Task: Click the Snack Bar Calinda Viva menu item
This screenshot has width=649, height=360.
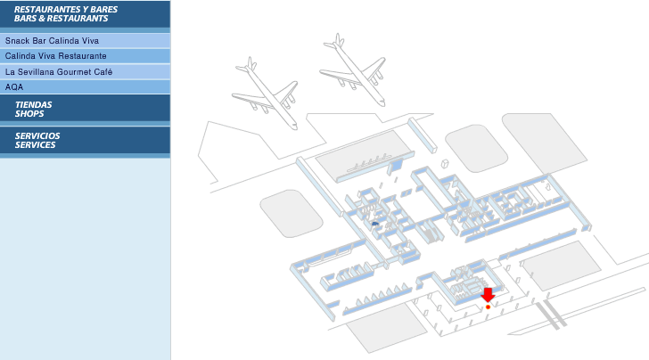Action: [x=85, y=41]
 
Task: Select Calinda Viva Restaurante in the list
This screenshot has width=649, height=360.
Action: [x=85, y=56]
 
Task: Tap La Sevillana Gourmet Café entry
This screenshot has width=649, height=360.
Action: [x=85, y=71]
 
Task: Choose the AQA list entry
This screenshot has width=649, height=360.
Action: [x=85, y=87]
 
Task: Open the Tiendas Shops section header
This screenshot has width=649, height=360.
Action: [x=85, y=109]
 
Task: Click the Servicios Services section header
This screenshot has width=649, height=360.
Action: [x=85, y=140]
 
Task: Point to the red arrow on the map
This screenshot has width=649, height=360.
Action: [x=488, y=295]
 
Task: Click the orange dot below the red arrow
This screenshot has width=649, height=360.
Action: [x=488, y=307]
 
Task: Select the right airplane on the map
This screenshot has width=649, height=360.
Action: [x=354, y=70]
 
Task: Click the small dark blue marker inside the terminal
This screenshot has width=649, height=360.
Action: [x=375, y=224]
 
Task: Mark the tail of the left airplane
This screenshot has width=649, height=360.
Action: [x=248, y=66]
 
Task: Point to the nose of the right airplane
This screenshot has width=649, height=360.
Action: [x=382, y=103]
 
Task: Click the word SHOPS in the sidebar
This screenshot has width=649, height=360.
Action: [x=29, y=114]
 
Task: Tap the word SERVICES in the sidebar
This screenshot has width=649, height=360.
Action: [x=35, y=145]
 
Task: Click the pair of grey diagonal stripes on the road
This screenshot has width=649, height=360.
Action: [x=551, y=315]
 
